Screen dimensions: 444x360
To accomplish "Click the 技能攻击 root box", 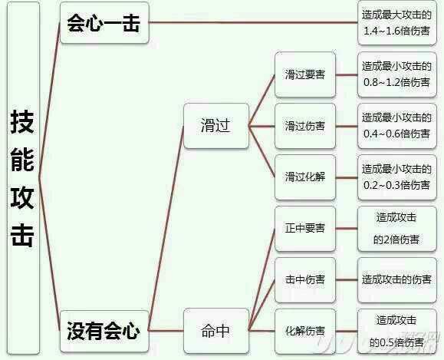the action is (23, 178).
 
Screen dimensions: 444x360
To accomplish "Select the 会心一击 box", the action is (104, 23).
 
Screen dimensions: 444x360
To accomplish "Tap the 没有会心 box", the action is (104, 332).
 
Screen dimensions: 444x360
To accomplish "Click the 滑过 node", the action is (216, 126).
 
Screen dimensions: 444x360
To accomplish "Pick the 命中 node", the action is (216, 331).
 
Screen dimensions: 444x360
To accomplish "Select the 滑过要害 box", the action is (305, 74).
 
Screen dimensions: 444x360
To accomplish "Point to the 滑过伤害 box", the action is (305, 126).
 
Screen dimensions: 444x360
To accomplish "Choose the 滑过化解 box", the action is (305, 177).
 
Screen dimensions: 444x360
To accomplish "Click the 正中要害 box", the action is (305, 229).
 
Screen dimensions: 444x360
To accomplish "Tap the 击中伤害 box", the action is (305, 280).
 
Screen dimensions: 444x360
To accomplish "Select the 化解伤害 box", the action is (305, 332).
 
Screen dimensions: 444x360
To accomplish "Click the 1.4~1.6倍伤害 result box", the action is (397, 23).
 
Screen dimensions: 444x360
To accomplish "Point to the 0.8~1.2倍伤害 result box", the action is (397, 74).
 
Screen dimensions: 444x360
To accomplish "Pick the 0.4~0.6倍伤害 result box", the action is (397, 126).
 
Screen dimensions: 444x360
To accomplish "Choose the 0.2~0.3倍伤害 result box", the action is (397, 177).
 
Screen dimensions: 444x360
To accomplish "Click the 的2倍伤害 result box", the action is (397, 229).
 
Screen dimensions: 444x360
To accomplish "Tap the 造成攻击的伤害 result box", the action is (397, 280).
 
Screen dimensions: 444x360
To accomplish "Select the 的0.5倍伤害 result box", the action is (397, 332).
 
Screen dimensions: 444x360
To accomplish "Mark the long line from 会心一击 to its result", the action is (253, 22).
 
